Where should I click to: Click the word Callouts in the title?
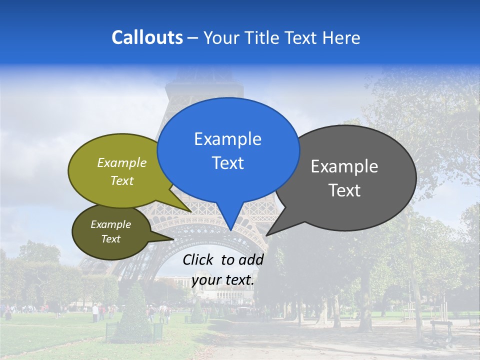(147, 37)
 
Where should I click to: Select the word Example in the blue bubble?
(227, 139)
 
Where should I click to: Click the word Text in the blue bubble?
(227, 163)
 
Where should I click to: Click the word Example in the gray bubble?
(344, 166)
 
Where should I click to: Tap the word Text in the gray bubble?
(344, 190)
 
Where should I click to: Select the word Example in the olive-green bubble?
(122, 162)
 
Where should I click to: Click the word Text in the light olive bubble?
(122, 180)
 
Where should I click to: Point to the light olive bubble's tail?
(188, 209)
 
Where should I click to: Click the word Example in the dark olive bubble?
(110, 224)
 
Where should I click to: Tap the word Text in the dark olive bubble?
(110, 239)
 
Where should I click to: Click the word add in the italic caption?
(251, 259)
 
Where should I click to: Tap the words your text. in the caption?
(223, 280)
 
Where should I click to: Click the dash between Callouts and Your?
(193, 38)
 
